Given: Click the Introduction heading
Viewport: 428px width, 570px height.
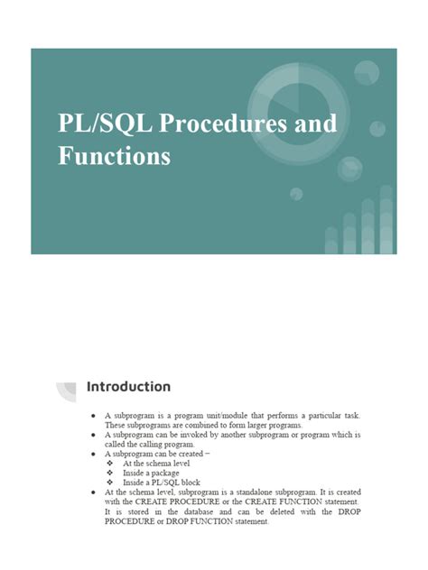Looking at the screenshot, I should [x=128, y=387].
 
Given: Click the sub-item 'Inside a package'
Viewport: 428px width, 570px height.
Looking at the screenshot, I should [x=151, y=473].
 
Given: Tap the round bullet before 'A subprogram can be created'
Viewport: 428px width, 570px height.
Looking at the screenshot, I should [x=95, y=454].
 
